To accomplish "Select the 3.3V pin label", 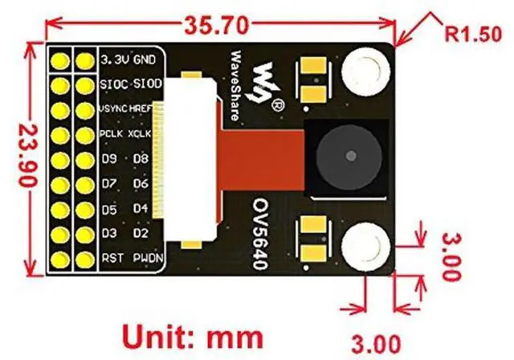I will pos(116,59).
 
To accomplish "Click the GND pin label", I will pos(145,59).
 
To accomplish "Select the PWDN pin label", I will pos(145,259).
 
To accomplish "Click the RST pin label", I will pos(112,259).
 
